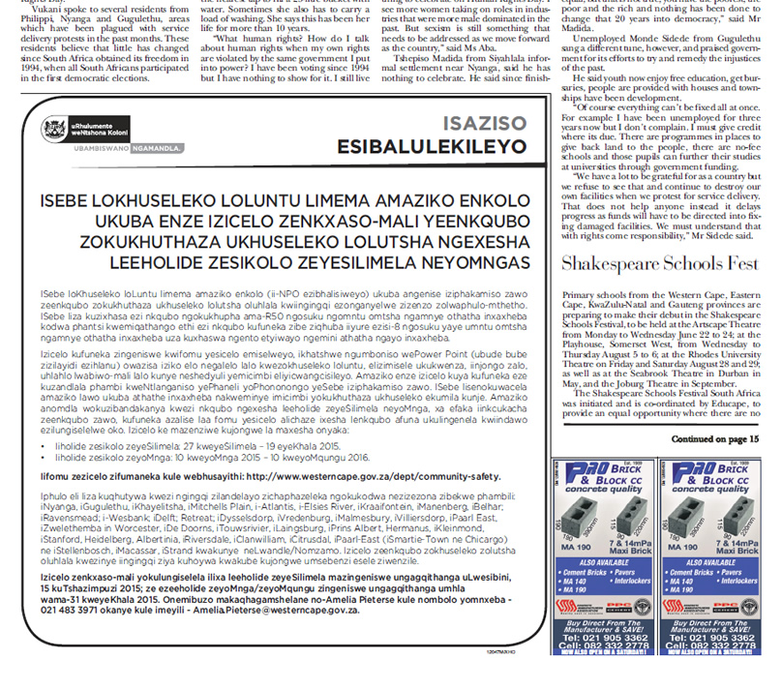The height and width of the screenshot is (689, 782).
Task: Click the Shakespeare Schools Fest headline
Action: pyautogui.click(x=667, y=263)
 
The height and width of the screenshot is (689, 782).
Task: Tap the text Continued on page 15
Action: pyautogui.click(x=718, y=439)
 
